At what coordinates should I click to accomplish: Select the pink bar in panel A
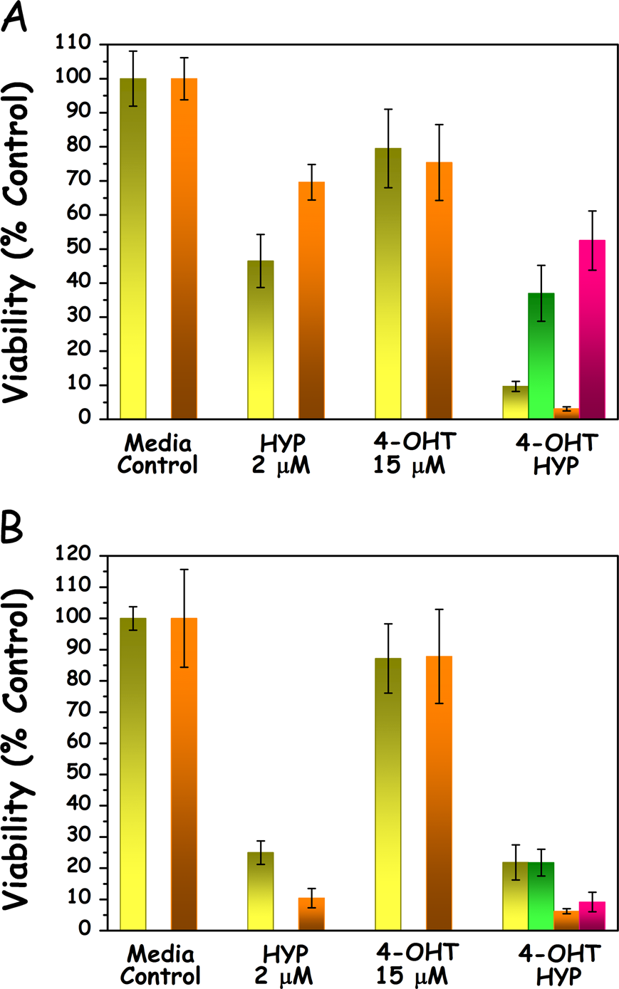pyautogui.click(x=592, y=330)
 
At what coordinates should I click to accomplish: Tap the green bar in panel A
pyautogui.click(x=541, y=356)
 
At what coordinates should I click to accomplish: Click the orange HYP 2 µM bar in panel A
pyautogui.click(x=311, y=300)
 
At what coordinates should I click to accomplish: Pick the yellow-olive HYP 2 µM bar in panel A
pyautogui.click(x=261, y=340)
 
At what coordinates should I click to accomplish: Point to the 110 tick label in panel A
pyautogui.click(x=73, y=43)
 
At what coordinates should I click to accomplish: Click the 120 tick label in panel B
pyautogui.click(x=73, y=554)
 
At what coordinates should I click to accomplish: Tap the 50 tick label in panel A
pyautogui.click(x=78, y=248)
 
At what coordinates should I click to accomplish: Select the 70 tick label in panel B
pyautogui.click(x=78, y=711)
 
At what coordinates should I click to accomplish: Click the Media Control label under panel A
pyautogui.click(x=157, y=454)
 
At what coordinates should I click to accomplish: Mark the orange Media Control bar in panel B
pyautogui.click(x=184, y=774)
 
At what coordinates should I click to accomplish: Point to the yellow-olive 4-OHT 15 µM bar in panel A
pyautogui.click(x=388, y=283)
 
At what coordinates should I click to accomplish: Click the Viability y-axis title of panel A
pyautogui.click(x=18, y=242)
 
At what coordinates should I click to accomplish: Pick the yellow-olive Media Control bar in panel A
pyautogui.click(x=133, y=248)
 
